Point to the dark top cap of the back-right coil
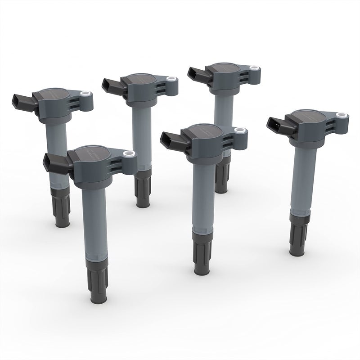[x=224, y=69]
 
